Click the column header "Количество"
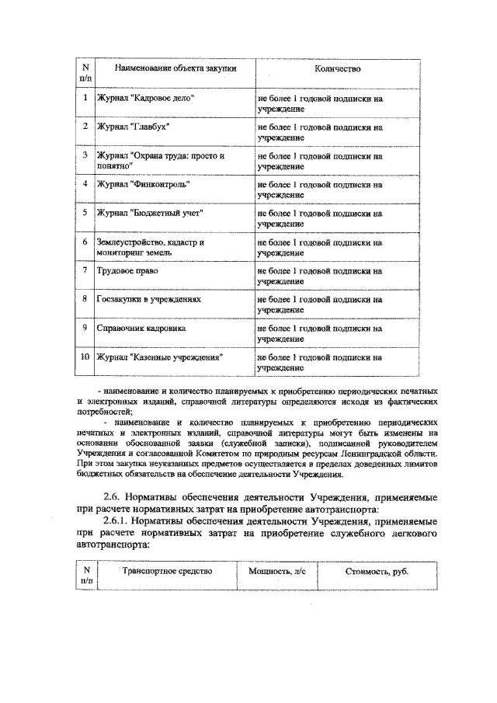tap(337, 69)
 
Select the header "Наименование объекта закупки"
tap(175, 69)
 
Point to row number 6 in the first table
tap(85, 242)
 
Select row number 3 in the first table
tap(85, 155)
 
